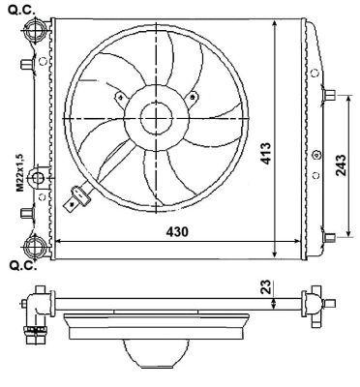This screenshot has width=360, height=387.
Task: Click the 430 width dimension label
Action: click(174, 233)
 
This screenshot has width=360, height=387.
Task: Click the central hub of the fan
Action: click(156, 119)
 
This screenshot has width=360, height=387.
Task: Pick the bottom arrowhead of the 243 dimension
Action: click(347, 234)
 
